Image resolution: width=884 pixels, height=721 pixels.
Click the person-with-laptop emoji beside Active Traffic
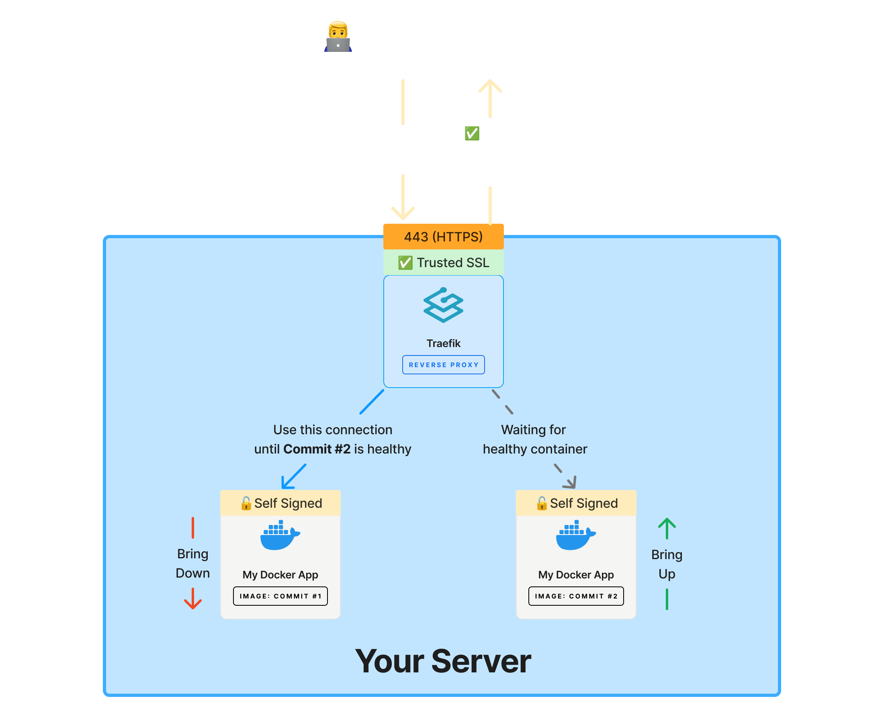pyautogui.click(x=338, y=37)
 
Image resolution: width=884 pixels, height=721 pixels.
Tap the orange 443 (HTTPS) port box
pyautogui.click(x=443, y=237)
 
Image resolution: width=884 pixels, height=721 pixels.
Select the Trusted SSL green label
pyautogui.click(x=443, y=262)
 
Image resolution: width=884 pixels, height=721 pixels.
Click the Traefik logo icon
pyautogui.click(x=443, y=305)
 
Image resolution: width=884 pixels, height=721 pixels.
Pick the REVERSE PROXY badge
pyautogui.click(x=443, y=365)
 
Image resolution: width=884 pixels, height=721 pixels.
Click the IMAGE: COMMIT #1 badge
pyautogui.click(x=280, y=596)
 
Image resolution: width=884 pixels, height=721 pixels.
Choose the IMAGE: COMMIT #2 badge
pyautogui.click(x=576, y=596)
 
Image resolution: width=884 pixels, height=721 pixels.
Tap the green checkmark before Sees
pyautogui.click(x=472, y=133)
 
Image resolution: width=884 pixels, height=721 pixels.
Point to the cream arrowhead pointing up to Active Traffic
pyautogui.click(x=490, y=85)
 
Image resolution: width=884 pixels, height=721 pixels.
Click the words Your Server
pyautogui.click(x=443, y=661)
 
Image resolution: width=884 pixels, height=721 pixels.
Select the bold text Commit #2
pyautogui.click(x=317, y=449)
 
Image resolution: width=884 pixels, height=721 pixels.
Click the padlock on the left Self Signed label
pyautogui.click(x=246, y=503)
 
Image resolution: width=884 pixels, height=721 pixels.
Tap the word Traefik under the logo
pyautogui.click(x=443, y=343)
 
